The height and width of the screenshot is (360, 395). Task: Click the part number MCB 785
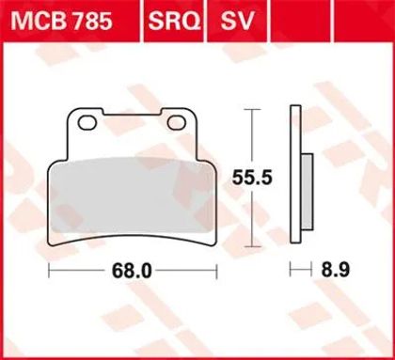[x=61, y=21]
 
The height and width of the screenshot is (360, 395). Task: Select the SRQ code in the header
[x=174, y=21]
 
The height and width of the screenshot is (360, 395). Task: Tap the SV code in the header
[x=237, y=21]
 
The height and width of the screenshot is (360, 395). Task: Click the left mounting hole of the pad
[x=87, y=123]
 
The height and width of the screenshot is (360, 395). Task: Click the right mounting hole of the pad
[x=177, y=123]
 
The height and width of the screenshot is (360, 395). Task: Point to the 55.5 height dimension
[x=252, y=179]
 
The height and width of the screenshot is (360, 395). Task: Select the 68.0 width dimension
[x=132, y=271]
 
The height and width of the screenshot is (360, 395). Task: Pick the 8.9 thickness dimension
[x=335, y=269]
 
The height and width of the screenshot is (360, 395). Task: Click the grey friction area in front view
[x=131, y=196]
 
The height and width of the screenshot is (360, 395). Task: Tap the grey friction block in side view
[x=308, y=192]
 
